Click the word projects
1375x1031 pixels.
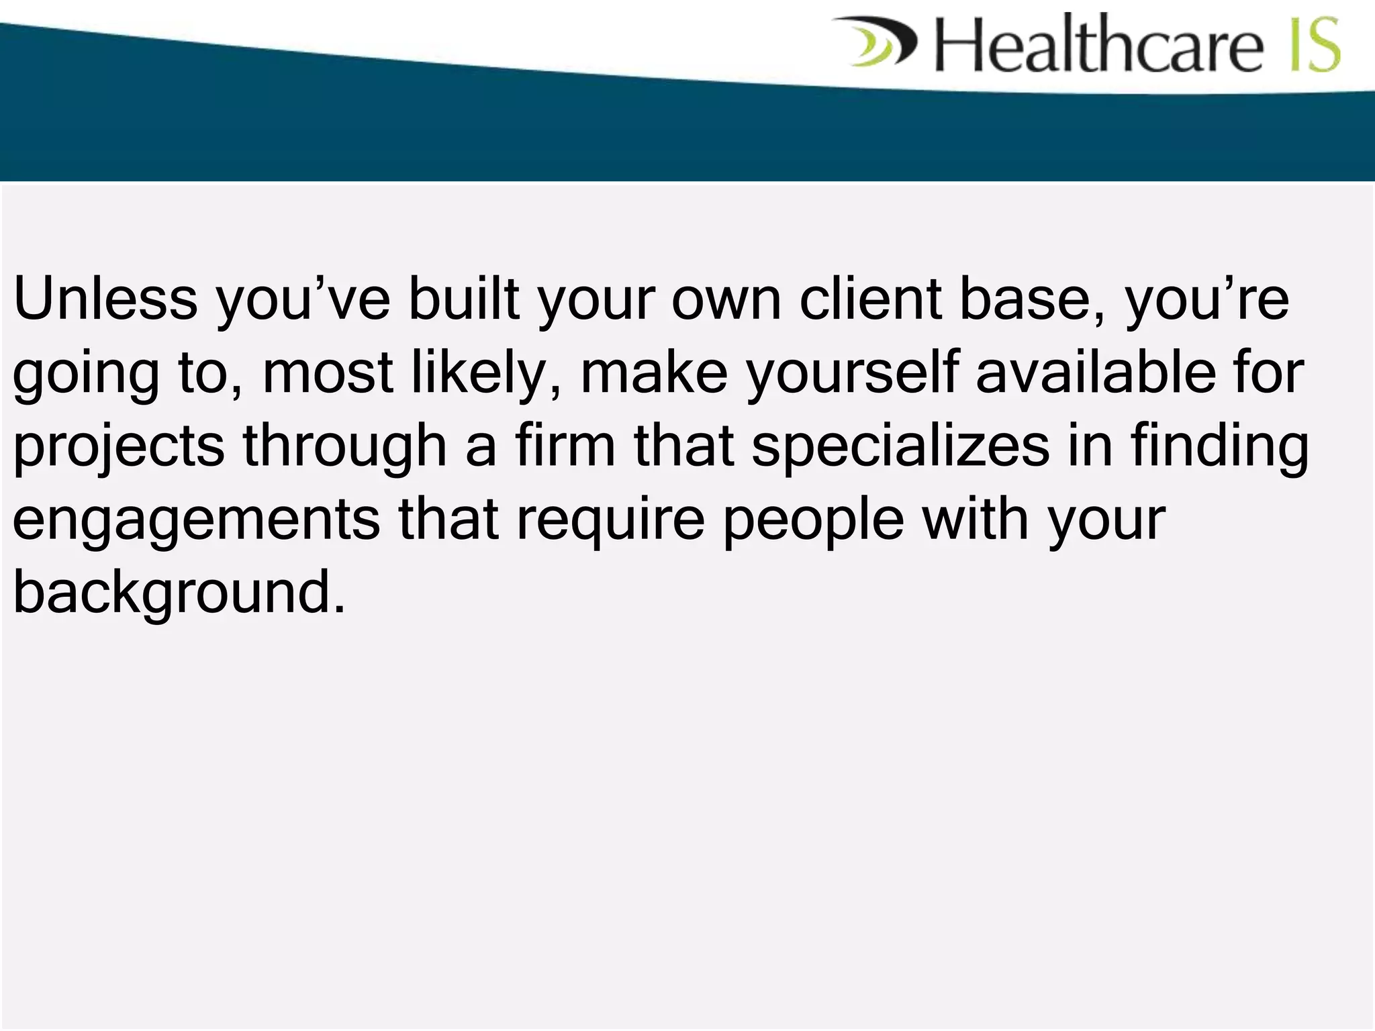(x=119, y=448)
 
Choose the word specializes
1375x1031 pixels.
(x=901, y=448)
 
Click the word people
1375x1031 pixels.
(x=813, y=522)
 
